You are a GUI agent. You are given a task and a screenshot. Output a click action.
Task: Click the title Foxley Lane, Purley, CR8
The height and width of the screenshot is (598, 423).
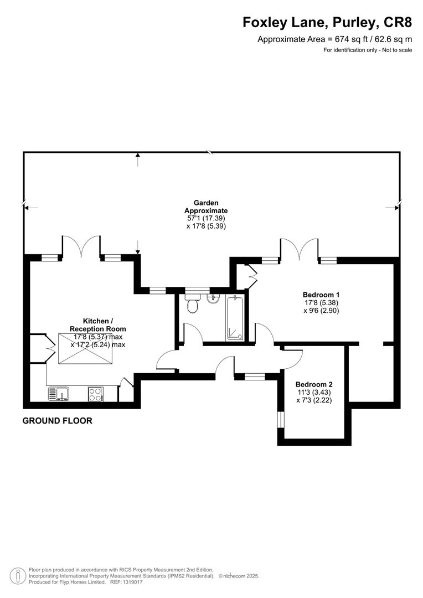(x=327, y=23)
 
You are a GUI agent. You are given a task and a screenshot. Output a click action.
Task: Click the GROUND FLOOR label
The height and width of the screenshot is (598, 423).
(x=57, y=421)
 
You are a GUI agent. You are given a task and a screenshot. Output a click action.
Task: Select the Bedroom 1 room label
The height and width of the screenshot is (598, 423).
(x=321, y=295)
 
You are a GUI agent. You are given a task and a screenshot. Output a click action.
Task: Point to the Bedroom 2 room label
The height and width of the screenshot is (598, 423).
(x=313, y=384)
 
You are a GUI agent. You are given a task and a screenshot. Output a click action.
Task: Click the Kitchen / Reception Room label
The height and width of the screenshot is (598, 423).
(x=97, y=325)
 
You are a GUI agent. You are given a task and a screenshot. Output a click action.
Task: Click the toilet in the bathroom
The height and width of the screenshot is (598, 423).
(x=193, y=304)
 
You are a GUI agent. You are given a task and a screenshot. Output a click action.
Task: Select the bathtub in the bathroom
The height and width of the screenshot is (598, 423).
(x=236, y=318)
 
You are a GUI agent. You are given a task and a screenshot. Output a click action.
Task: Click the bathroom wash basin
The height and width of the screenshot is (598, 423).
(x=213, y=298)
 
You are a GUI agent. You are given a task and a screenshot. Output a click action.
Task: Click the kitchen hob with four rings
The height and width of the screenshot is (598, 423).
(x=95, y=394)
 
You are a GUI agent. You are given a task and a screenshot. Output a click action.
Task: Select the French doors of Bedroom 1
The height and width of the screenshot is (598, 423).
(x=300, y=248)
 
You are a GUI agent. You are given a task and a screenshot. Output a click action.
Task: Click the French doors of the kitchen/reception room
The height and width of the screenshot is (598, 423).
(x=81, y=246)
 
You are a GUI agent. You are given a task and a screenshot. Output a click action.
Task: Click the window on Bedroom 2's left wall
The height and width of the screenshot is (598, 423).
(x=280, y=420)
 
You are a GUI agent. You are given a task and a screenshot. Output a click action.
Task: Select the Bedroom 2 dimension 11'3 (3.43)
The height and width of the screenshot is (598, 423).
(x=313, y=392)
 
